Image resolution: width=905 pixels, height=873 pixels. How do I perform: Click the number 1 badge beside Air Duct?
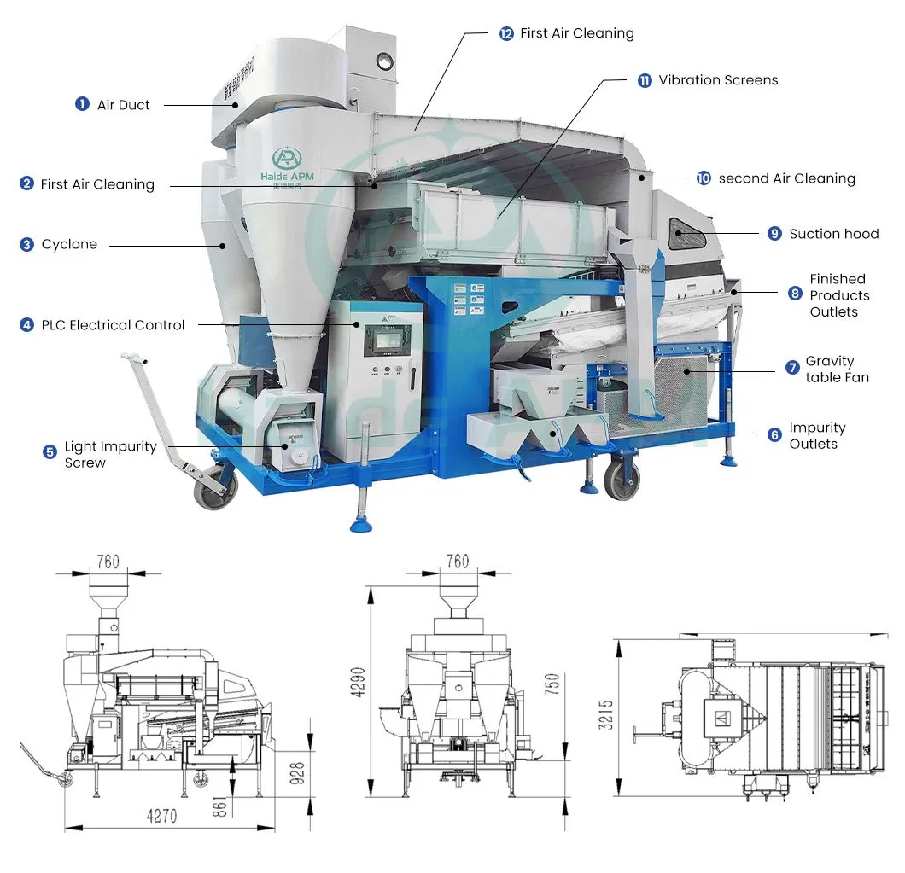pyautogui.click(x=82, y=104)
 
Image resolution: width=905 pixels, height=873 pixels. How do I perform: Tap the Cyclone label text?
pyautogui.click(x=69, y=244)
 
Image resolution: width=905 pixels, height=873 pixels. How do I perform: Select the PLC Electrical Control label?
pyautogui.click(x=113, y=325)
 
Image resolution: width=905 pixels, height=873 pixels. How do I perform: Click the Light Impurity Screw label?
pyautogui.click(x=110, y=454)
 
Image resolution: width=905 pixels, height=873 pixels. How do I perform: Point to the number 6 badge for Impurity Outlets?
pyautogui.click(x=774, y=434)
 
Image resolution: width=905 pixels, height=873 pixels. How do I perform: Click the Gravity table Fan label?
pyautogui.click(x=837, y=369)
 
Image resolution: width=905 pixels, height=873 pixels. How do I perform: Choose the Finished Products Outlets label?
pyautogui.click(x=839, y=295)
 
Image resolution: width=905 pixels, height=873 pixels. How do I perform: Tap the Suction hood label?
pyautogui.click(x=834, y=234)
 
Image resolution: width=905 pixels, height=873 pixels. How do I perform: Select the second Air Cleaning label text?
pyautogui.click(x=786, y=178)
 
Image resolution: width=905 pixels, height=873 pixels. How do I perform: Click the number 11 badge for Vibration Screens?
pyautogui.click(x=645, y=80)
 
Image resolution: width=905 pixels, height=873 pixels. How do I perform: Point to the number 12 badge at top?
pyautogui.click(x=506, y=33)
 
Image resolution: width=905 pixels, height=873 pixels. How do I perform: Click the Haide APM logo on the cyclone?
pyautogui.click(x=287, y=165)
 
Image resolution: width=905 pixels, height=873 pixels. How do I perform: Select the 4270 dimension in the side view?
pyautogui.click(x=161, y=816)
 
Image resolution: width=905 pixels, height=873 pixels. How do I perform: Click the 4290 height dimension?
pyautogui.click(x=359, y=682)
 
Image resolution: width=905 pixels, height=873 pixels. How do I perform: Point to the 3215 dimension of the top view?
pyautogui.click(x=605, y=715)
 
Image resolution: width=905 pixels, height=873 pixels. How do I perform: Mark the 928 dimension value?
pyautogui.click(x=296, y=773)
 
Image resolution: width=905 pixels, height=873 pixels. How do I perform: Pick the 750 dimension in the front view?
pyautogui.click(x=552, y=684)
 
